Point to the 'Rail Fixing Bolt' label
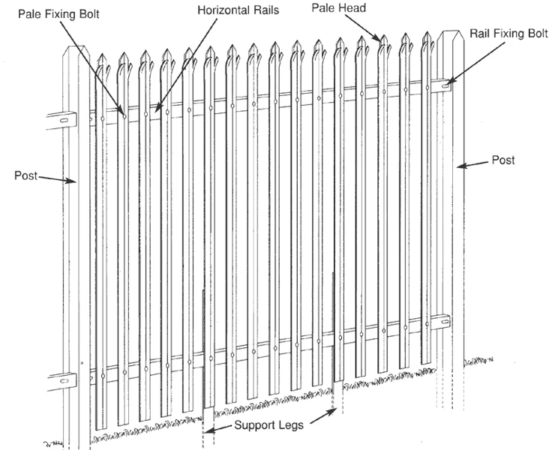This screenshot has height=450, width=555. point(508,34)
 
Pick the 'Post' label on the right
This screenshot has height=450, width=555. point(502,160)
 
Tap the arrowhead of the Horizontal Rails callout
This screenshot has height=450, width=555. point(157,110)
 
